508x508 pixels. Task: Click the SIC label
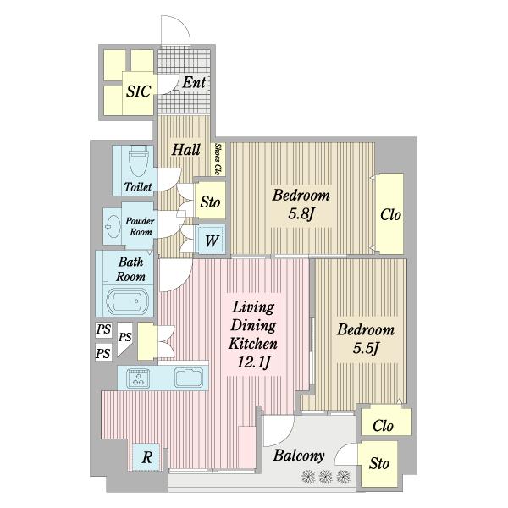coord(139,91)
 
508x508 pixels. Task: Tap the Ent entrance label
coord(194,82)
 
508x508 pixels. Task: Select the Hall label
coord(186,150)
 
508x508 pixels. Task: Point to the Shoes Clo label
coord(219,159)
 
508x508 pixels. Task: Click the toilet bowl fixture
coord(138,161)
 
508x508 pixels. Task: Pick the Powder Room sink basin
coord(113,226)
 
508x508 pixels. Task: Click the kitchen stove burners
coord(138,378)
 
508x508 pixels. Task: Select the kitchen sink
coord(189,378)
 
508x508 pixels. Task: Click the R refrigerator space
coord(146,457)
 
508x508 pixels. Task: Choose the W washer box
coord(211,240)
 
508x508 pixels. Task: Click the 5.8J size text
coord(301,214)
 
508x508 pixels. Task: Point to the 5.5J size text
coord(366,349)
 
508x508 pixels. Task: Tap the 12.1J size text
coord(253,362)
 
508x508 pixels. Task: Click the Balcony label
coord(299,456)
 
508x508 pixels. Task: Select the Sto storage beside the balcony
coord(378,463)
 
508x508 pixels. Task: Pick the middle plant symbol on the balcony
coord(326,477)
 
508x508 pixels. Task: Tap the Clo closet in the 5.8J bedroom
coord(390,214)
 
